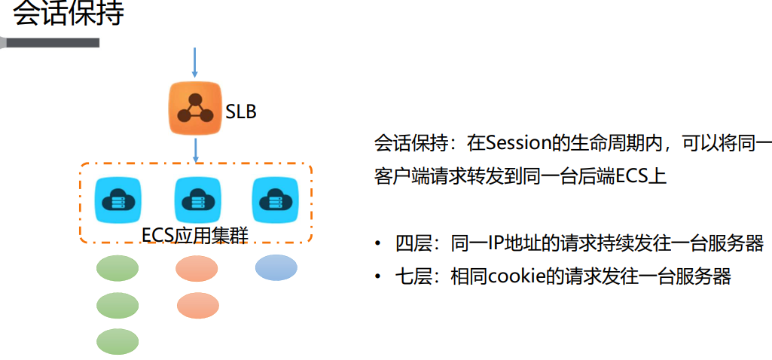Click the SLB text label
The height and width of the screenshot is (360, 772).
pos(241,112)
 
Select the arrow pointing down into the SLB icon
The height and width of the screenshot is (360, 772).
pos(195,62)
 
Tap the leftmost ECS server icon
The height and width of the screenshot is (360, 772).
pos(117,200)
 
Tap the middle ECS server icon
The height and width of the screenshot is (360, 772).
pos(194,200)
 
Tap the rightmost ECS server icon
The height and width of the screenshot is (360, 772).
pos(271,200)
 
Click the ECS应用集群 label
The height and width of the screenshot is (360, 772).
pos(195,235)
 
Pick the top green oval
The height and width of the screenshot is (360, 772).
pos(117,268)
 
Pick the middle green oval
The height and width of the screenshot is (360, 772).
pos(117,305)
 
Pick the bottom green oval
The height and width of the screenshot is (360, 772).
pos(117,341)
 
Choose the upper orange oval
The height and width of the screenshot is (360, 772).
pos(197,268)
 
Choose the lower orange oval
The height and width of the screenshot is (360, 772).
pos(197,305)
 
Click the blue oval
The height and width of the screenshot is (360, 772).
pos(276,267)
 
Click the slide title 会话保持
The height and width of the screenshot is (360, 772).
pos(68,14)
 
